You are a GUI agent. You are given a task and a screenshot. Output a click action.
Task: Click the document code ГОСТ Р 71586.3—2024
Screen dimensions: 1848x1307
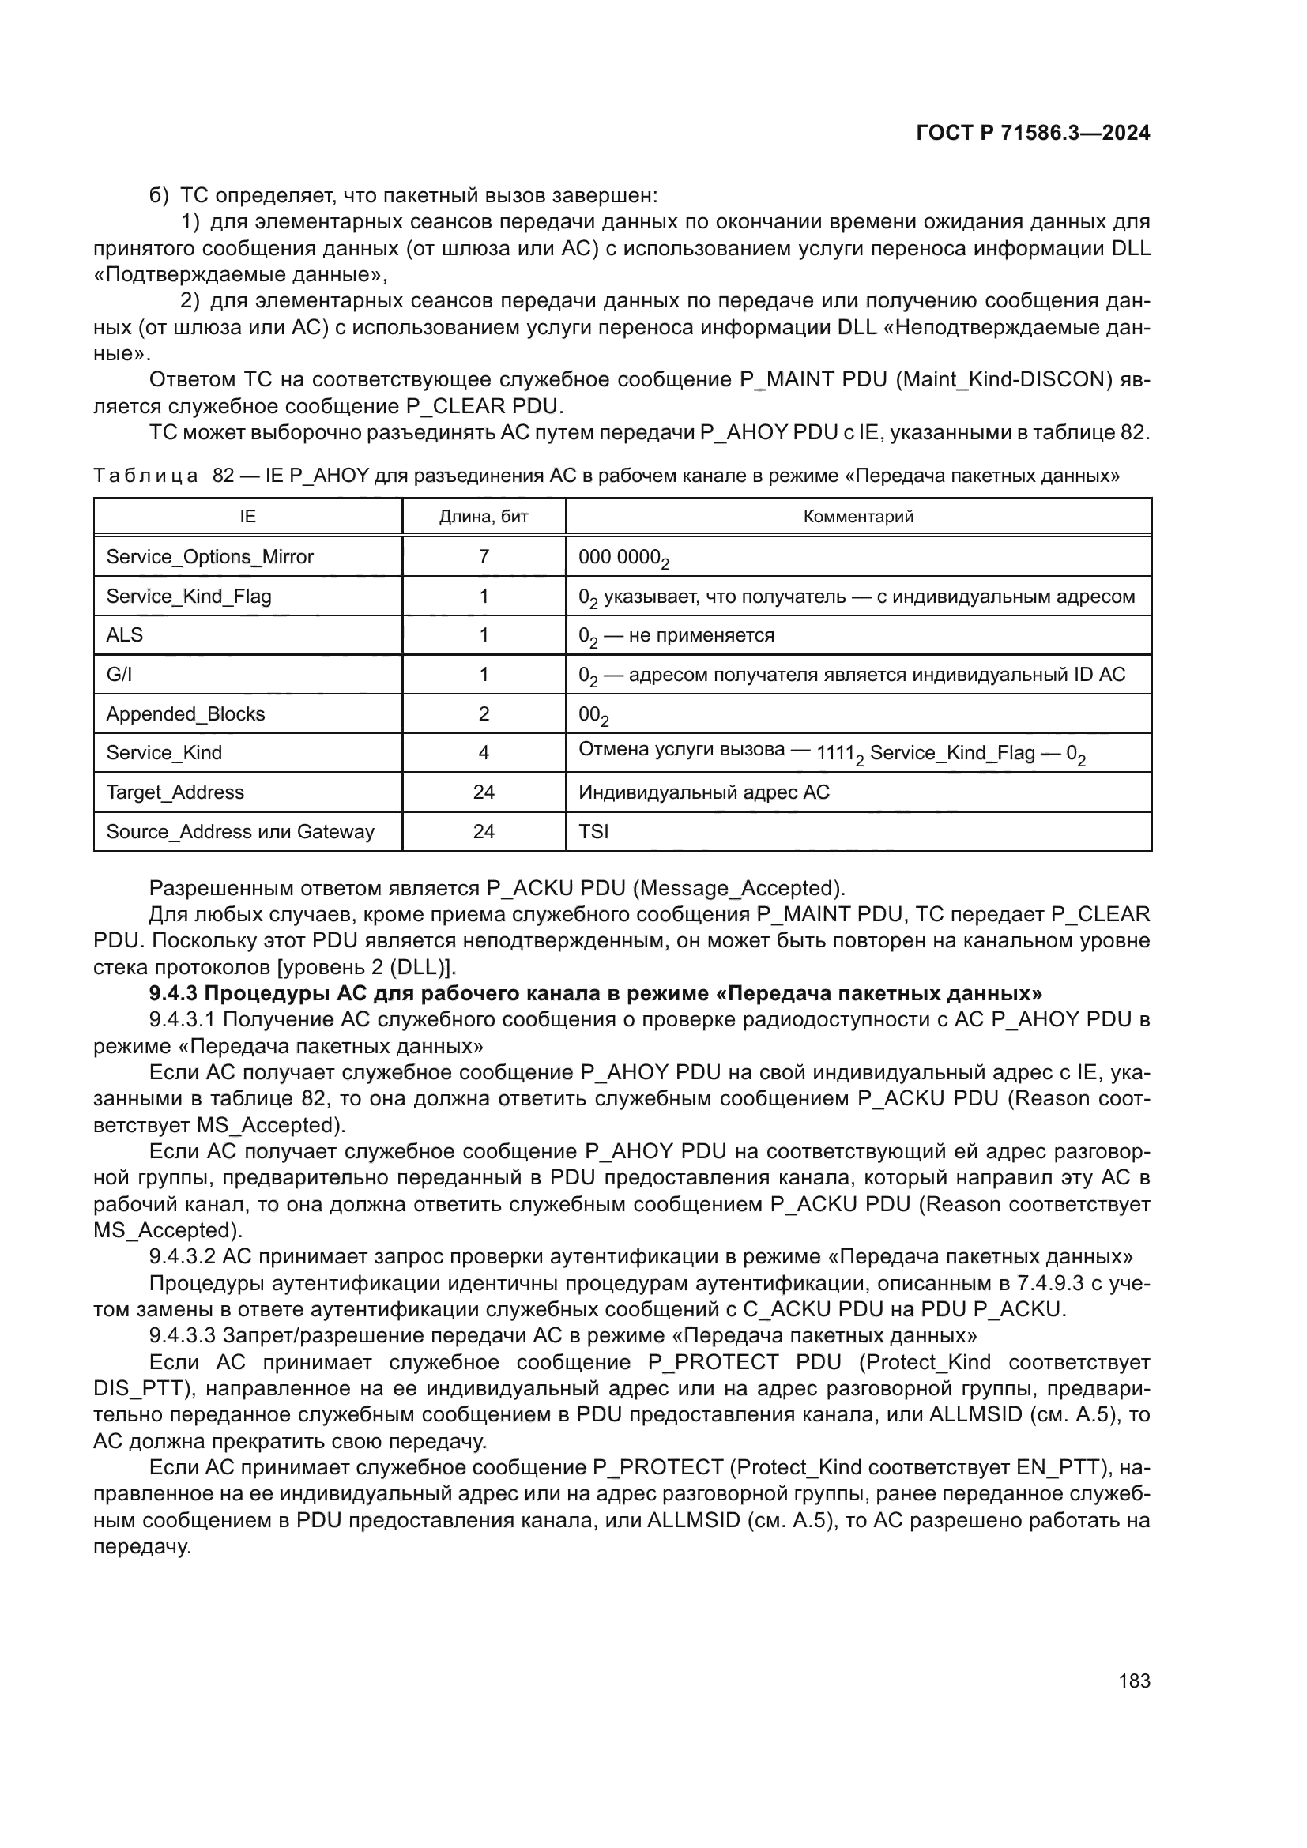[1033, 134]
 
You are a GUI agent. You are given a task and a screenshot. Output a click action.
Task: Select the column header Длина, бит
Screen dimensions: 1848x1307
[484, 517]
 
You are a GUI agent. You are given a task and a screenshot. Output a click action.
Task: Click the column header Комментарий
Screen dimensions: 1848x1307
[858, 517]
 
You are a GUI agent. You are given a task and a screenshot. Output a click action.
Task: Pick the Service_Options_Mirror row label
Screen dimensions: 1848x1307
[209, 557]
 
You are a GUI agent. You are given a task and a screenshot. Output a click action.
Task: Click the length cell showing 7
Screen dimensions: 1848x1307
[484, 557]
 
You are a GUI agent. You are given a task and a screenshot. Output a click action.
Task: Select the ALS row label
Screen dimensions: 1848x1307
[125, 635]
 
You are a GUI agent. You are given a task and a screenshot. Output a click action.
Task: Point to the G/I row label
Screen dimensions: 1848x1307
[119, 675]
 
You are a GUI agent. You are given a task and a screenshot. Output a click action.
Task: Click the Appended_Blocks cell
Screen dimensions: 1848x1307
[185, 714]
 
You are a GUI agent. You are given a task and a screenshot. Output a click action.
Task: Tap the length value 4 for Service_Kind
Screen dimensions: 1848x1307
[484, 753]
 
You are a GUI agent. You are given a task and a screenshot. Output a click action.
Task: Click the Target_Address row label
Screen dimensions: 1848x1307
[175, 792]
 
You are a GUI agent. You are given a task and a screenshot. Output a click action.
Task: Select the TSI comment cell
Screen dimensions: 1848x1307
[593, 831]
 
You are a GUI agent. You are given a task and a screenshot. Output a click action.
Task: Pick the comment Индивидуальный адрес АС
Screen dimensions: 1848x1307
[703, 792]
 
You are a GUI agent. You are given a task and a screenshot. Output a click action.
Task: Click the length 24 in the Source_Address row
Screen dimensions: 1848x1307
[484, 831]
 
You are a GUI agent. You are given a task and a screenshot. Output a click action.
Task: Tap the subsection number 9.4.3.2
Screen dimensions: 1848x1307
[182, 1256]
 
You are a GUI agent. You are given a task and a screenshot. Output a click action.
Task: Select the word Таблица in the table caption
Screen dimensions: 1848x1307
[145, 476]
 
